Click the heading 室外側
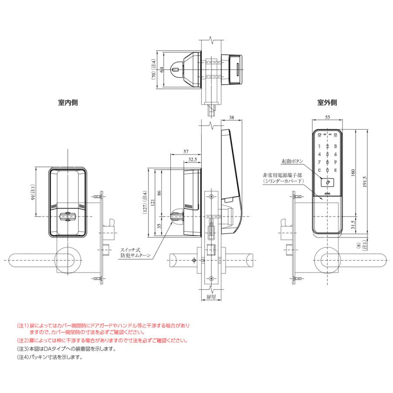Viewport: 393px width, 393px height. tap(327, 103)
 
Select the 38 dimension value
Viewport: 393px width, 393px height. tap(231, 118)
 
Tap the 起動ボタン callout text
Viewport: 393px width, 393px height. tap(292, 161)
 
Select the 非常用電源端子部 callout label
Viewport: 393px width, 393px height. tap(282, 175)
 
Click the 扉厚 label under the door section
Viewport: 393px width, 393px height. tap(211, 296)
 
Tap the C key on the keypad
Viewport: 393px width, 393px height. tap(320, 170)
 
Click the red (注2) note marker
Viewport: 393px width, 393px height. tap(23, 340)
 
